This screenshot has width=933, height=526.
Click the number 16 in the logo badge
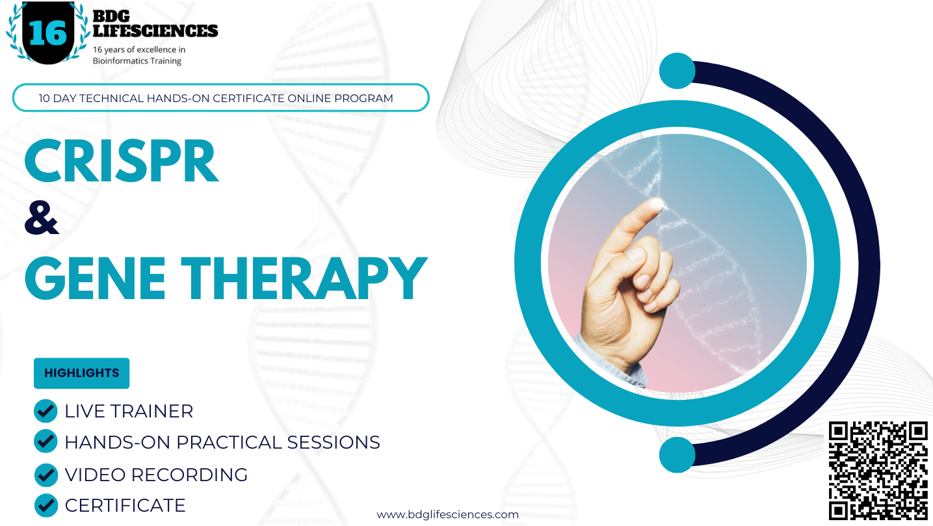pyautogui.click(x=47, y=33)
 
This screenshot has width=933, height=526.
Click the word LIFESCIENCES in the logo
pyautogui.click(x=155, y=30)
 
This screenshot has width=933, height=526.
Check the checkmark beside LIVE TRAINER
pyautogui.click(x=46, y=411)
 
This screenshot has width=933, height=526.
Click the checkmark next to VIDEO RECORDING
pyautogui.click(x=46, y=475)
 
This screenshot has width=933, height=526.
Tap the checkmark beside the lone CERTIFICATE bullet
pyautogui.click(x=46, y=505)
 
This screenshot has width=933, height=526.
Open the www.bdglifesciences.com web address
pyautogui.click(x=447, y=515)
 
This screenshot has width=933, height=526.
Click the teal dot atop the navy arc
pyautogui.click(x=677, y=71)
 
